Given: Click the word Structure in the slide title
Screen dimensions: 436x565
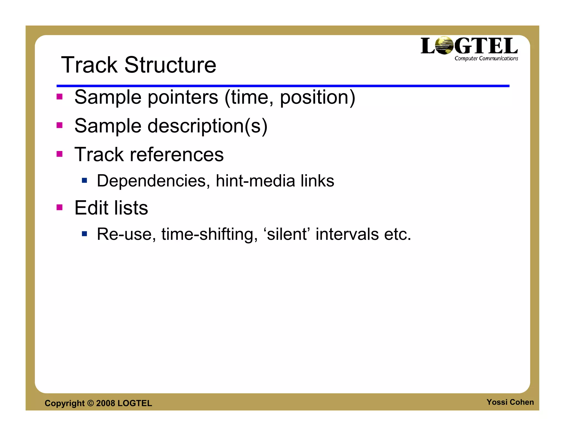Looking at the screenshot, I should pos(170,65).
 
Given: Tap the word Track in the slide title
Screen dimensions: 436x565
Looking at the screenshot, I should pos(89,65).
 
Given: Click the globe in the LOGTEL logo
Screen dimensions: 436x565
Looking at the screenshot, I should pos(444,45).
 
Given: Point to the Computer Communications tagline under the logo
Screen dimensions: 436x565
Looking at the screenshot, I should pos(486,58).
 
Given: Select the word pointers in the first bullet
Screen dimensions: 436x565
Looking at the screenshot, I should pos(183,97).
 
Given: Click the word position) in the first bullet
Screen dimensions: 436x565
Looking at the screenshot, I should pos(317,97).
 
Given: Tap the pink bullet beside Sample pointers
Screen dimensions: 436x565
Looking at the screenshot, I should pos(60,97).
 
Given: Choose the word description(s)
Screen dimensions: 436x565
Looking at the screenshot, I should pos(207,126).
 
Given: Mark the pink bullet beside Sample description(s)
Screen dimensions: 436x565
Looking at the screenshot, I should pos(60,125).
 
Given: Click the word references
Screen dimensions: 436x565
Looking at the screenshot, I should pos(177,154).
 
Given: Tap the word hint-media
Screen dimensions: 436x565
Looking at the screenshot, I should pos(255,181).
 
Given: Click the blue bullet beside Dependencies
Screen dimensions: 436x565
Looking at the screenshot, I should pos(84,181).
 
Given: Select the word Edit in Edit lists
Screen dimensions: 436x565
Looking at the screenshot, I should pos(91,208).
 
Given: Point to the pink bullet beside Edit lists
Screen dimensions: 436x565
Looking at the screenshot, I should pos(60,207).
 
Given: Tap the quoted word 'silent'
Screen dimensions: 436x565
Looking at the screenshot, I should pos(287,234).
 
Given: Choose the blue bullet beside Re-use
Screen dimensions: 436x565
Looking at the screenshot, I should pos(84,234).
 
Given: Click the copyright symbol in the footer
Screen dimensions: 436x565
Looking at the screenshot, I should pos(90,403).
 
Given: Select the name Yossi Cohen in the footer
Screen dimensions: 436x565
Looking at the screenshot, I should pos(510,402).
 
